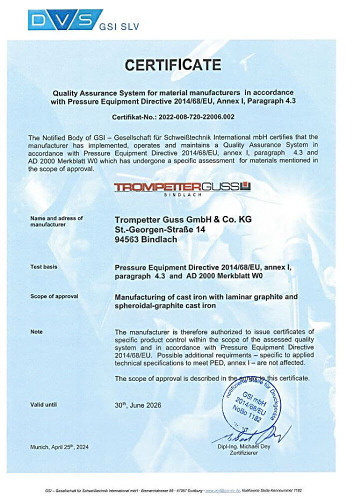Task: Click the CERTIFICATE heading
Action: tap(172, 65)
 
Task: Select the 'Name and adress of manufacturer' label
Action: tap(56, 221)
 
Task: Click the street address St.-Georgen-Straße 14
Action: tap(160, 229)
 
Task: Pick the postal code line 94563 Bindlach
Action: tap(145, 239)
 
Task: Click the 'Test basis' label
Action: tap(44, 267)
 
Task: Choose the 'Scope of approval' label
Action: tap(54, 296)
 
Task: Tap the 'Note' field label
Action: tap(36, 331)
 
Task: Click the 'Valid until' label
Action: tap(44, 404)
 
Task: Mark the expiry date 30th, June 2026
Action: tap(138, 405)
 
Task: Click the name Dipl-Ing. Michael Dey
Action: tap(243, 446)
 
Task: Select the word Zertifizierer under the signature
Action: tap(243, 453)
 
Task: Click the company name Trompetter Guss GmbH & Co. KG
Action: tap(183, 219)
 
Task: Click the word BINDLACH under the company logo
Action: tap(182, 195)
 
